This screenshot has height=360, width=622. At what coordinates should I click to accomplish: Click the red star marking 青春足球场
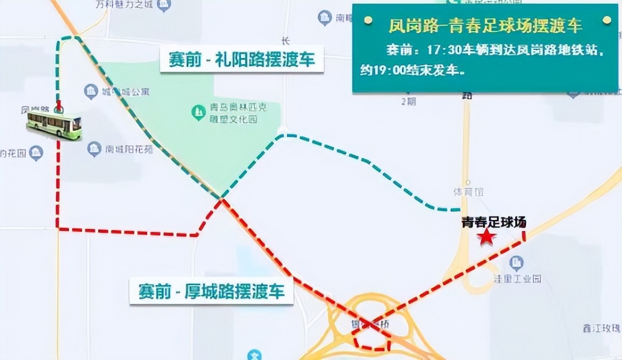coord(486,237)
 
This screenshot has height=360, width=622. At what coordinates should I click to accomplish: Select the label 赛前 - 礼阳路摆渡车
coord(242,59)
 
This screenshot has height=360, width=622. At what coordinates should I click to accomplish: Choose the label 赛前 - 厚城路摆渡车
coord(211,290)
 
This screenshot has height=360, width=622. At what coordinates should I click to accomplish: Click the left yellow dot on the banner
coord(367,20)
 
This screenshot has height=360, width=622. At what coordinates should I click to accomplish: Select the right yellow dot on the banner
coord(606,20)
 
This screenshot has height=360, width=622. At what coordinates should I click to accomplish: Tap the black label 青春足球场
coord(494,223)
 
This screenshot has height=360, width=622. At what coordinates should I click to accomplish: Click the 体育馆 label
coord(469,192)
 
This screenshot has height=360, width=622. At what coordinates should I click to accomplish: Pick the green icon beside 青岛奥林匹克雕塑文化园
coord(198,112)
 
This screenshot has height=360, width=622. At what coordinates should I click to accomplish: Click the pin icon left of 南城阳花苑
coord(94,149)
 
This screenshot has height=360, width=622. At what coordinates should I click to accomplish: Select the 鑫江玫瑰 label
coord(601,328)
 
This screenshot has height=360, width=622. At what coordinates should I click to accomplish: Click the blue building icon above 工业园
coord(516,263)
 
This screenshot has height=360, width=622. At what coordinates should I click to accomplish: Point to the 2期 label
coord(408,101)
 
